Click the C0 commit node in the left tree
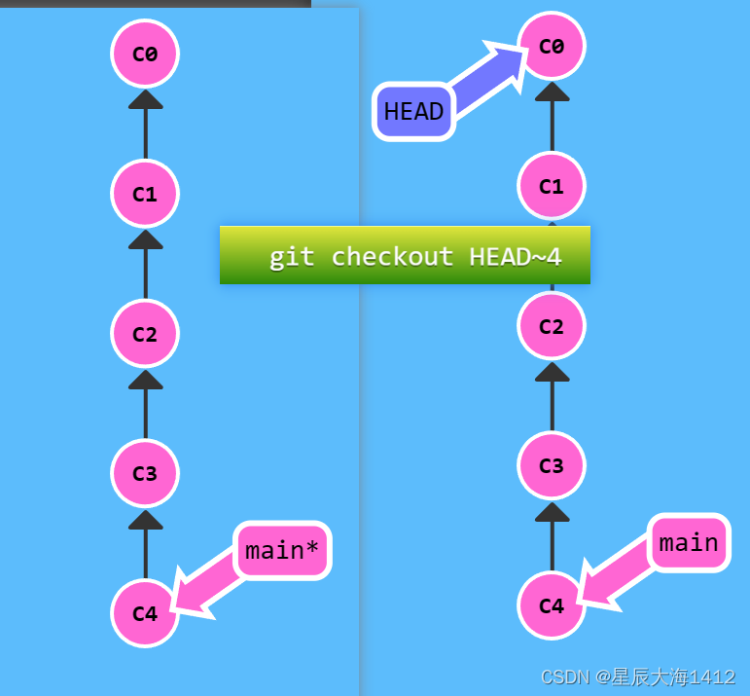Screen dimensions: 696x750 [145, 54]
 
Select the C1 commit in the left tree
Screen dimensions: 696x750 [145, 194]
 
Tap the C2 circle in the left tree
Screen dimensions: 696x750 [145, 334]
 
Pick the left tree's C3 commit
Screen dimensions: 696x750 [145, 474]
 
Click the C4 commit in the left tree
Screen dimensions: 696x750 [145, 613]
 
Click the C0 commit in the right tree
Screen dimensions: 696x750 [552, 46]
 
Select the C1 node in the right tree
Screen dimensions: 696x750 [552, 186]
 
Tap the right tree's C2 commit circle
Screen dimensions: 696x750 [552, 326]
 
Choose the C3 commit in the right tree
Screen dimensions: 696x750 [552, 466]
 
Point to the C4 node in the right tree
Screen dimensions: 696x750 [552, 605]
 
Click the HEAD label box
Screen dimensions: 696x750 [414, 112]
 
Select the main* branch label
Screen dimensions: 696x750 [282, 550]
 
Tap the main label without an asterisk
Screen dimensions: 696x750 [689, 542]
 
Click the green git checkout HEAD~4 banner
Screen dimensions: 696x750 [405, 255]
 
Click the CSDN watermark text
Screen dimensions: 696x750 [637, 677]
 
